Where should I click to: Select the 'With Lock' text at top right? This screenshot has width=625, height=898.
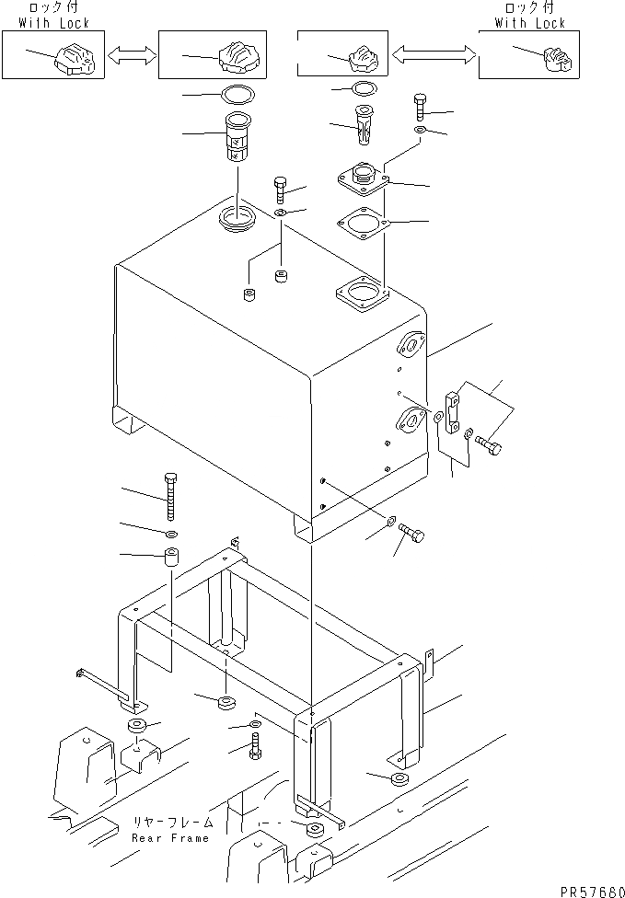(531, 23)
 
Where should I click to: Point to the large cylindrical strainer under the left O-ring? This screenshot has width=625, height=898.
(237, 135)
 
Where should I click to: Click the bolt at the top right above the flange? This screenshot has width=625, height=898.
(420, 109)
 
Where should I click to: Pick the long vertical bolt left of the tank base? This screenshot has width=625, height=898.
(170, 497)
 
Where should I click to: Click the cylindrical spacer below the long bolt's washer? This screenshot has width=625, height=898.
(171, 558)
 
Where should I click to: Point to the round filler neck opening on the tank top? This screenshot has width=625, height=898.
(237, 220)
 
